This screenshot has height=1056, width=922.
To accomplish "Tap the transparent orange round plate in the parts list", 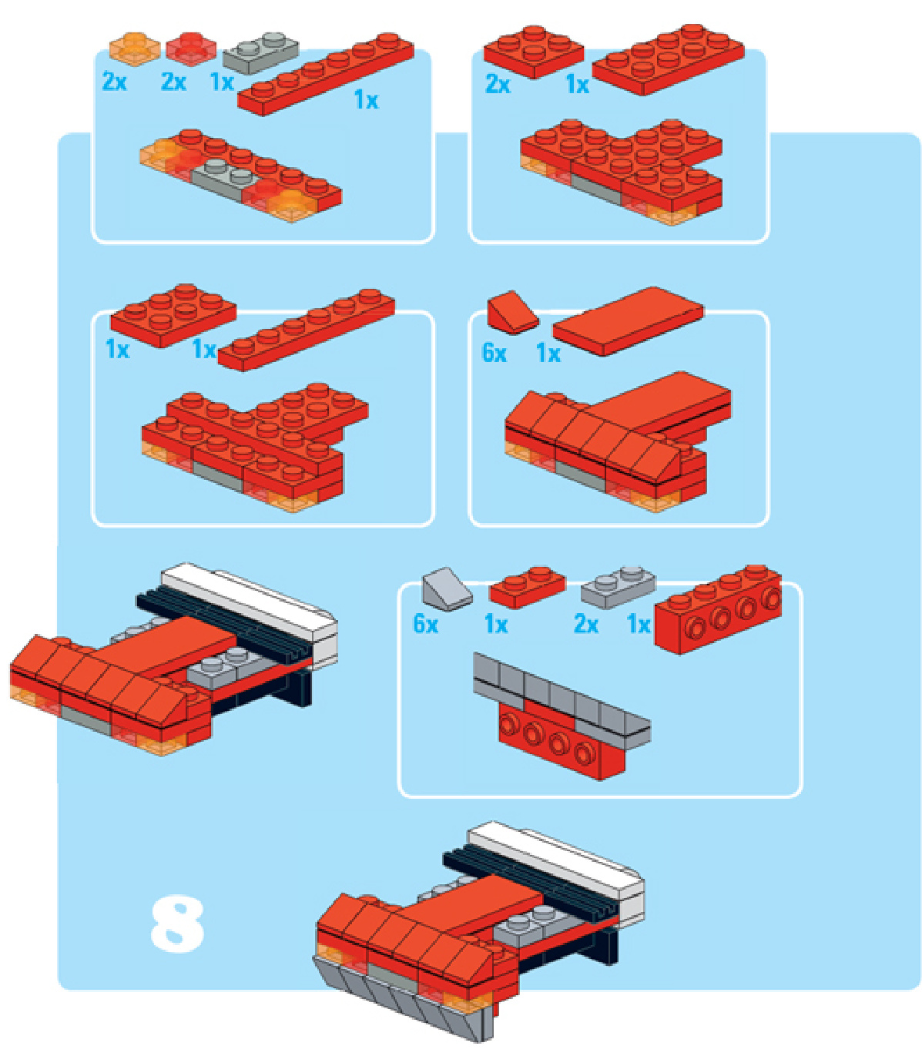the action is (x=135, y=48).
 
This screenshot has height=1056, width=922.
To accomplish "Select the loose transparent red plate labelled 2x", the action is (x=191, y=48).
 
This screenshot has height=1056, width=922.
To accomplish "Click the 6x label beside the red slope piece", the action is (x=494, y=353).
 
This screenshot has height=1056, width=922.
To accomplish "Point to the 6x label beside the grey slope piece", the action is (x=426, y=625).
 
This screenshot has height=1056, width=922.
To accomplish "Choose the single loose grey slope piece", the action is (x=447, y=589).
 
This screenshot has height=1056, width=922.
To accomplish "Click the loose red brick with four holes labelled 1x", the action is (x=718, y=609).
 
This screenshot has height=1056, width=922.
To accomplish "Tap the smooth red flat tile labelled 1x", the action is (x=628, y=321).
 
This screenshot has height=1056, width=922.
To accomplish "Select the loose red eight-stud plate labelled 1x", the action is (x=668, y=59).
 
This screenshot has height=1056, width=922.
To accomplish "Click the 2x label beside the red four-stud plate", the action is (x=498, y=85).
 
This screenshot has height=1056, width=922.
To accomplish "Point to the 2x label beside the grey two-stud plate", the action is (x=586, y=625).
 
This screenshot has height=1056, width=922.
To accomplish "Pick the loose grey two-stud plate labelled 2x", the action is (x=618, y=587).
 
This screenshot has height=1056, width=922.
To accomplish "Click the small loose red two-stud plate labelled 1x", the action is (x=528, y=587).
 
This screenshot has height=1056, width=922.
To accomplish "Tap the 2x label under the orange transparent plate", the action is (x=115, y=82).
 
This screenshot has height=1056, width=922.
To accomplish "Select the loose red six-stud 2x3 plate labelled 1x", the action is (x=173, y=315).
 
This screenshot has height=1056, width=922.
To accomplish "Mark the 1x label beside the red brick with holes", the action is (x=639, y=625).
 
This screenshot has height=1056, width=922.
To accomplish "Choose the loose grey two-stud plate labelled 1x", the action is (x=261, y=52).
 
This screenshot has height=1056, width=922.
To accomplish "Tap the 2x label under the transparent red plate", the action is (x=173, y=82).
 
